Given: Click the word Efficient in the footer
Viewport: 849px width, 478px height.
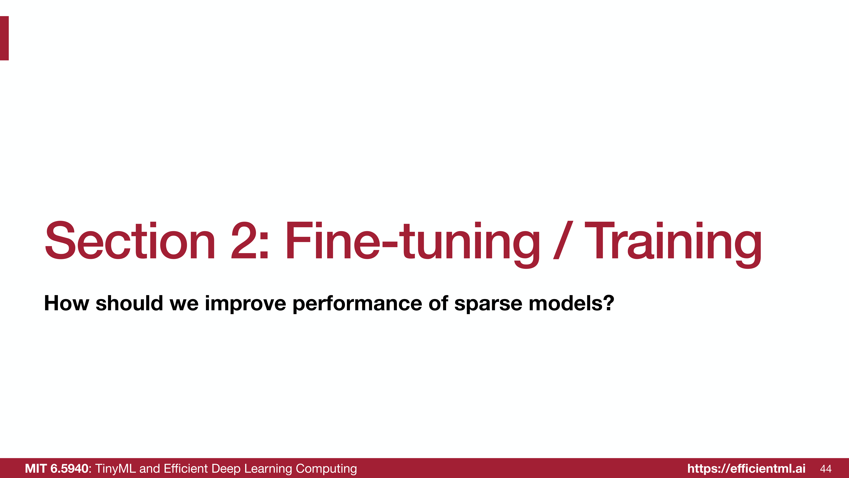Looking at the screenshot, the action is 186,468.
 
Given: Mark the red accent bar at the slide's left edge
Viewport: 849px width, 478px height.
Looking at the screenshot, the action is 4,38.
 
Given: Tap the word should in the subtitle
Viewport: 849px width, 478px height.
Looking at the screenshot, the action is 129,303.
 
